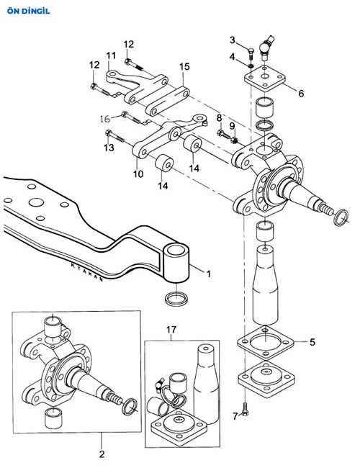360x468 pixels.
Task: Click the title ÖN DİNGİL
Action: point(28,12)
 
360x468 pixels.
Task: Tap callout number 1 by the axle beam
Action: point(209,274)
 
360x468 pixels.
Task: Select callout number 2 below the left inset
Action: point(102,454)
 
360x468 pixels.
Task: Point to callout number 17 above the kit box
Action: point(171,330)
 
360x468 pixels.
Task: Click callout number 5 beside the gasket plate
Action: point(312,342)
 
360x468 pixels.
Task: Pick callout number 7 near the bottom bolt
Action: point(235,415)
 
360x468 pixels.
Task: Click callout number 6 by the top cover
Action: point(301,94)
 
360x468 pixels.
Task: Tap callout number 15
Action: point(184,66)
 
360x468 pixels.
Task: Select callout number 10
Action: point(138,174)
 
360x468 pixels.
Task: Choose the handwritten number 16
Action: point(105,119)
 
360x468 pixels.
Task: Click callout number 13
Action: point(109,148)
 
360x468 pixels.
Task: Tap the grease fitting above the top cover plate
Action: point(266,47)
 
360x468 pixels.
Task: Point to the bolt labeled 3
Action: point(251,53)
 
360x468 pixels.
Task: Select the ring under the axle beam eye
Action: point(176,299)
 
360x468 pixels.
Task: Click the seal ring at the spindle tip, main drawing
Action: point(341,218)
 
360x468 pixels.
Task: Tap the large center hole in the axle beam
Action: point(37,202)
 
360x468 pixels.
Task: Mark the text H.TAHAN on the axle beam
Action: point(87,272)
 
